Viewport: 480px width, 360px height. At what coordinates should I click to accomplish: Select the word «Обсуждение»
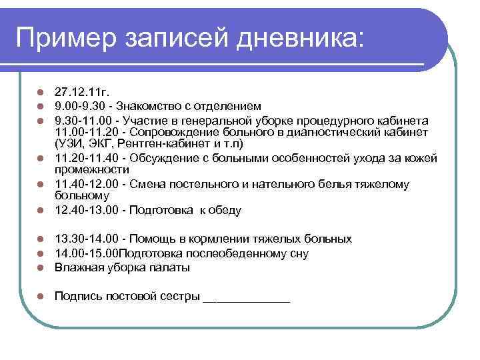(159, 158)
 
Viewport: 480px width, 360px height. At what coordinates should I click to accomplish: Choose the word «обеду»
(224, 210)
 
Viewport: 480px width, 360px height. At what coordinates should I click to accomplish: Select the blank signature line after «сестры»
(246, 297)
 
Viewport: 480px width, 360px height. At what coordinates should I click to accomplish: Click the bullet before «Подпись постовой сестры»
(41, 296)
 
